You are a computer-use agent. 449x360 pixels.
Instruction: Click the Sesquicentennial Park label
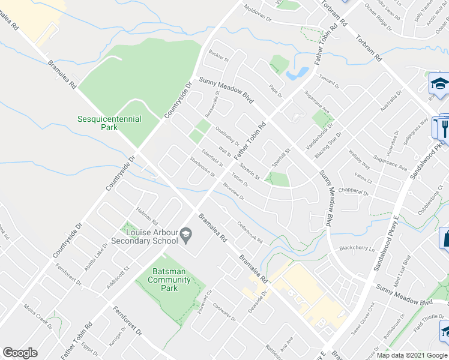pyautogui.click(x=109, y=123)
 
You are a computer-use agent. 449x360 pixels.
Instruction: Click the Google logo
pyautogui.click(x=20, y=353)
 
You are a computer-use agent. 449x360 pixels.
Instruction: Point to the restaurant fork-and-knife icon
pyautogui.click(x=444, y=128)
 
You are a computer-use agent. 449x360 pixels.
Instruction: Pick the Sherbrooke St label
pyautogui.click(x=202, y=167)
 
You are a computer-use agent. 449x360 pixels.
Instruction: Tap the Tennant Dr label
pyautogui.click(x=329, y=83)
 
